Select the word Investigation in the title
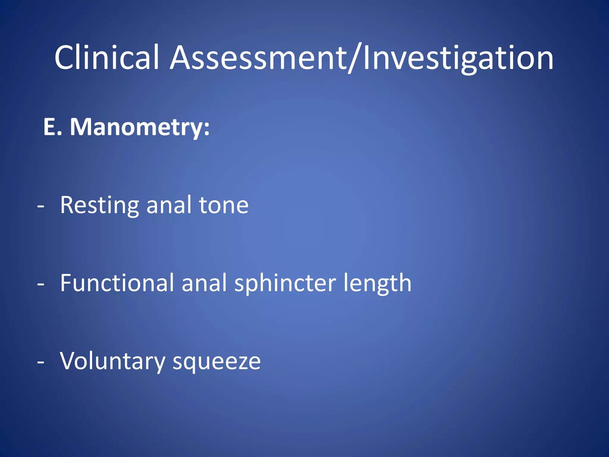458,58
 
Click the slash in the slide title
355,58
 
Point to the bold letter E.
51,127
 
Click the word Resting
99,205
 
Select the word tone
224,205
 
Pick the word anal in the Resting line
169,205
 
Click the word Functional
117,283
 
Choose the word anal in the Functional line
204,283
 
